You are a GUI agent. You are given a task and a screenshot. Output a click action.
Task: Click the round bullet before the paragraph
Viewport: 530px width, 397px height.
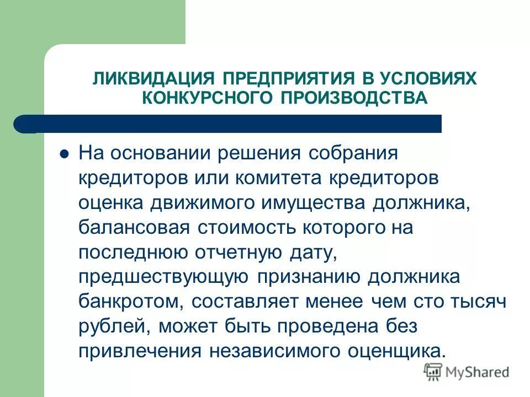click(x=64, y=154)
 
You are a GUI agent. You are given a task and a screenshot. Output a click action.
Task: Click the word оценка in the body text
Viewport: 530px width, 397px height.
click(x=109, y=203)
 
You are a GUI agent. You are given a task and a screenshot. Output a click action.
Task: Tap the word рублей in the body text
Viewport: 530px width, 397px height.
click(x=114, y=327)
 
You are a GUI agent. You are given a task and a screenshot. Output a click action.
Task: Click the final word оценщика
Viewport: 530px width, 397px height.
click(x=395, y=352)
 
